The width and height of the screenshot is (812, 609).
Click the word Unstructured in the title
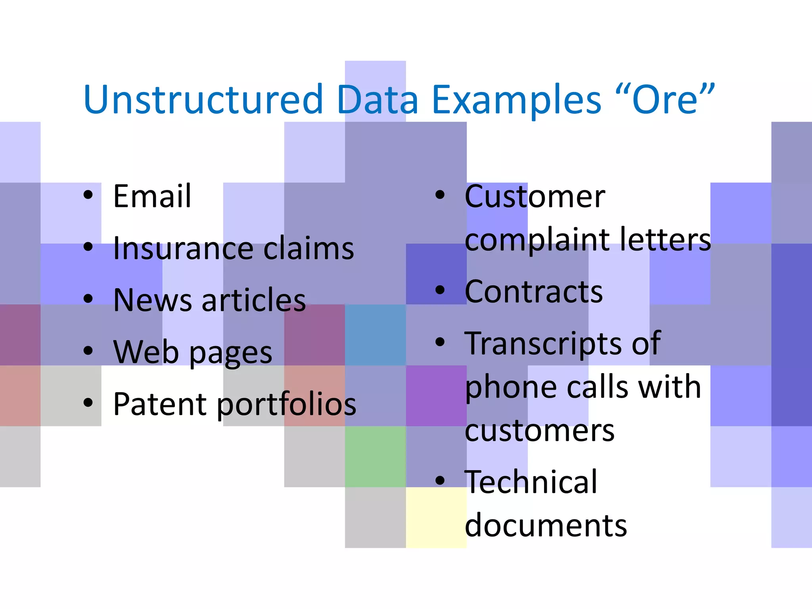coord(203,100)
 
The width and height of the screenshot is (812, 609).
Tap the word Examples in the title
coord(517,100)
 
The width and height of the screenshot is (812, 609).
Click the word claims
coord(308,248)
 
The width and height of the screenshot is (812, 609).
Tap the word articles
coord(254,300)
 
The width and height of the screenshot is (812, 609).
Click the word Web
coord(146,352)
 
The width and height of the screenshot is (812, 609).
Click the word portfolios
coord(286,404)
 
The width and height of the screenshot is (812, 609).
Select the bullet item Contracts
coord(534,291)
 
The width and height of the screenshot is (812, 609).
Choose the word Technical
coord(531,482)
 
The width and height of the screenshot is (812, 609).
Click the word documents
coord(546,525)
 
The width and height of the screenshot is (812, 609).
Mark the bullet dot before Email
coord(88,195)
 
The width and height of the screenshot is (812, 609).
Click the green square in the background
coord(375,456)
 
